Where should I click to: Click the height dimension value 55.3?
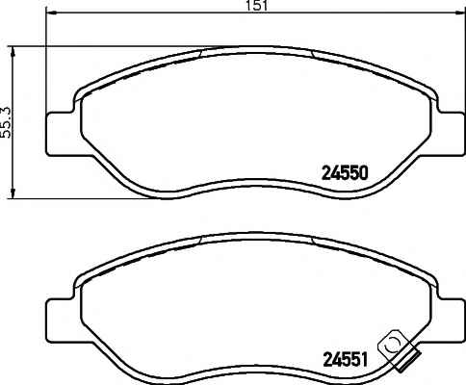coord(7,122)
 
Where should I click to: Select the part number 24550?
coord(345,173)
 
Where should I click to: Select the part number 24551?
coord(345,360)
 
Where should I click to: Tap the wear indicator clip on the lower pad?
coord(399,352)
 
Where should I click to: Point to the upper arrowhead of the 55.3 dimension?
coord(13,52)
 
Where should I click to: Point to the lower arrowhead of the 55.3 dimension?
coord(13,192)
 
